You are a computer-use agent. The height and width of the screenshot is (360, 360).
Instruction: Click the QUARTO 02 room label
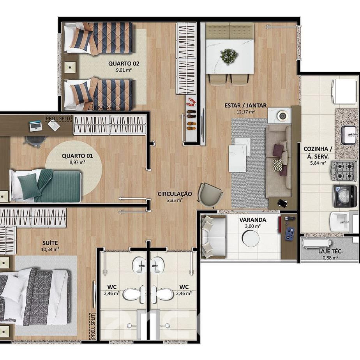coord(124,64)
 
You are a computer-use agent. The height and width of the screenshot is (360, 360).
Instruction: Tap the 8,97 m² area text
coord(78,162)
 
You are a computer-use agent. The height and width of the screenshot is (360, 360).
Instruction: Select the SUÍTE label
coord(50,243)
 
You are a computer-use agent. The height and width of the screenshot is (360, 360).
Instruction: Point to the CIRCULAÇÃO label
coord(175,194)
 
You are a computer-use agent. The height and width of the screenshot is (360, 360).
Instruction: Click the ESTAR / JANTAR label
coord(245,106)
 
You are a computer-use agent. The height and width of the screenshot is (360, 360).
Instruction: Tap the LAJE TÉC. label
coord(330,251)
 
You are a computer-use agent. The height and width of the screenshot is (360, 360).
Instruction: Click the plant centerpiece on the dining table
coord(229,56)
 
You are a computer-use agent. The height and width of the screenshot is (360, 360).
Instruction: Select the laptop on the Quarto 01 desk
coord(36,126)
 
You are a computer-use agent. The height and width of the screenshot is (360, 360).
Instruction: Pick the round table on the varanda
coord(250,238)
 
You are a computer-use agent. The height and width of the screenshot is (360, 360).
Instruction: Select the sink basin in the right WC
coord(157,265)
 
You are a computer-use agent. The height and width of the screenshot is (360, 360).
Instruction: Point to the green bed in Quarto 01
coord(46,185)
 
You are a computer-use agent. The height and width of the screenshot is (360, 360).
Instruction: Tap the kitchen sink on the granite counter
coord(349,135)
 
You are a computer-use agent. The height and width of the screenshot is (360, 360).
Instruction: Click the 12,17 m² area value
coord(245,112)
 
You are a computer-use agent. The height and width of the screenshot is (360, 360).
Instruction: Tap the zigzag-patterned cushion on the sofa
coord(277,165)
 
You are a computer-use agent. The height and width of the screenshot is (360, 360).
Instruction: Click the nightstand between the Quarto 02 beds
coord(70,67)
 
